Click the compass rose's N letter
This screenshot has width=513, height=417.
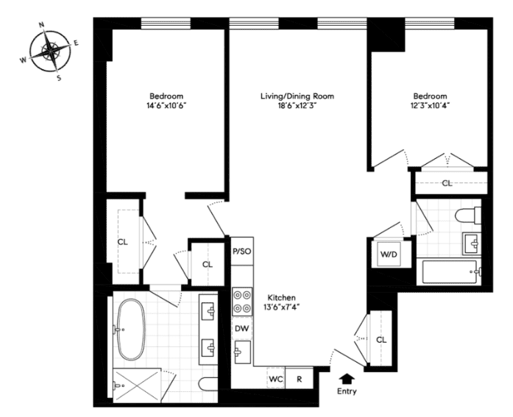click(x=41, y=25)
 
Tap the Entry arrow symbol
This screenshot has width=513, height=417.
click(x=347, y=379)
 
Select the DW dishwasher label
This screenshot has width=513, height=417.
click(x=242, y=329)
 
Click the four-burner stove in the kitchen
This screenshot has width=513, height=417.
click(x=242, y=302)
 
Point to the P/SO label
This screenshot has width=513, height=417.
click(x=241, y=252)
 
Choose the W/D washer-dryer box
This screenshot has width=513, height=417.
click(x=389, y=254)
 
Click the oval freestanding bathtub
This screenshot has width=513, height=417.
click(x=131, y=329)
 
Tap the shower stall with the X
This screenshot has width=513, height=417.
click(x=138, y=385)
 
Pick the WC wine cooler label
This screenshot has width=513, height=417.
click(x=276, y=379)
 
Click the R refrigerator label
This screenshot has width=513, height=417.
click(x=300, y=379)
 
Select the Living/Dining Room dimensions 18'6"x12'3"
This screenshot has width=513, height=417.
click(x=297, y=106)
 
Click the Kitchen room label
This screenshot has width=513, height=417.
click(x=282, y=298)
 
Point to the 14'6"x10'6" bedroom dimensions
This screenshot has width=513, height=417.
click(x=166, y=106)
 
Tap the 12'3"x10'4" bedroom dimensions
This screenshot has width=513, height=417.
click(x=431, y=106)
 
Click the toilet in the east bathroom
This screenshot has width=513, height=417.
click(x=469, y=216)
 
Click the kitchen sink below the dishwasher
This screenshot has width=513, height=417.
click(x=242, y=352)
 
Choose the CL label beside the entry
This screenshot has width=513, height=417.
click(x=381, y=340)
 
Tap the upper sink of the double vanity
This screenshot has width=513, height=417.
click(x=208, y=310)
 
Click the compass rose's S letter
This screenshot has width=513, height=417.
click(x=59, y=78)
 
